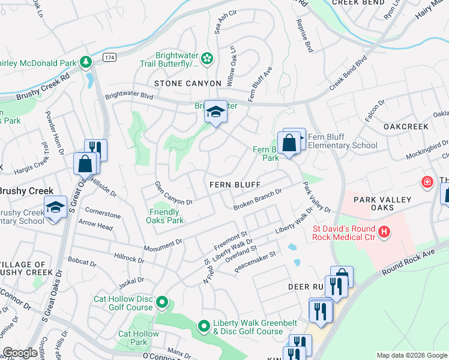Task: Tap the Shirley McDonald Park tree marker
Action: click(86, 62)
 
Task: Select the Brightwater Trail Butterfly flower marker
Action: click(207, 58)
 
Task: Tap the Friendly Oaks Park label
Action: click(164, 216)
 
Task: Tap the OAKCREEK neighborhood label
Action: click(406, 127)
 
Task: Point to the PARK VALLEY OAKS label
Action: click(382, 203)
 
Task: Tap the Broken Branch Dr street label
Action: click(258, 200)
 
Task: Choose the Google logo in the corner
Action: click(20, 353)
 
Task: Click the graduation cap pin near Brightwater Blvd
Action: click(215, 112)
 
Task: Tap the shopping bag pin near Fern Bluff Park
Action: click(289, 143)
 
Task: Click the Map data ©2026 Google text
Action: click(411, 355)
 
